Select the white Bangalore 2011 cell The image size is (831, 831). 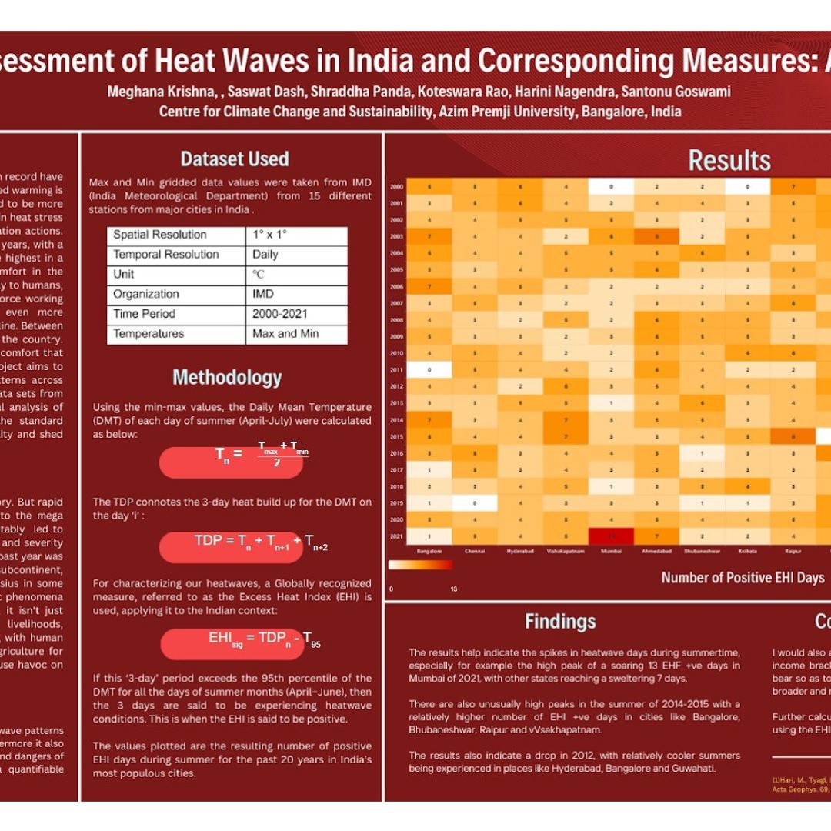[x=429, y=369]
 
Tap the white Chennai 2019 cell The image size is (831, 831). [x=475, y=502]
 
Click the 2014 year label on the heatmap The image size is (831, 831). [x=397, y=421]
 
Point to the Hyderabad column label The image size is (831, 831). [x=520, y=551]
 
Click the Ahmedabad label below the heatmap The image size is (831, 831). [x=657, y=551]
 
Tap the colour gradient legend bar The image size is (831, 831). [x=421, y=565]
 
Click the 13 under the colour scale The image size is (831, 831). [x=453, y=589]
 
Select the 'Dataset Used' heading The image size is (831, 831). [x=235, y=159]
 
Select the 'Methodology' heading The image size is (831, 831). [x=227, y=378]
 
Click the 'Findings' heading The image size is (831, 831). [x=560, y=622]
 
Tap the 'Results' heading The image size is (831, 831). [x=729, y=160]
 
